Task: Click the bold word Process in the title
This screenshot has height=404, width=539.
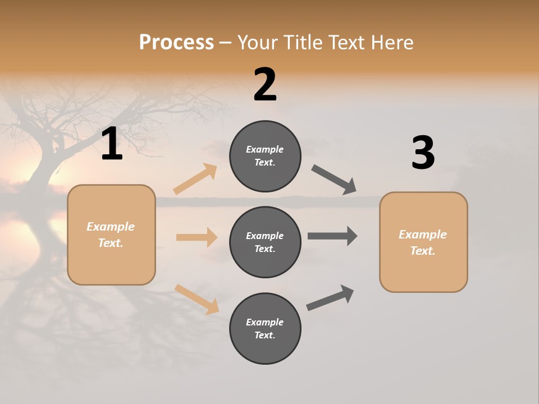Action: pyautogui.click(x=176, y=43)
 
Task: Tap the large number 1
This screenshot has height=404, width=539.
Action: pyautogui.click(x=112, y=144)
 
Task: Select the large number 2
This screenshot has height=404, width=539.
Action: pyautogui.click(x=265, y=85)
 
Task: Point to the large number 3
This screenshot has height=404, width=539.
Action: pyautogui.click(x=423, y=153)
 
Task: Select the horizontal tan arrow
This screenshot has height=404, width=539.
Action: pyautogui.click(x=197, y=237)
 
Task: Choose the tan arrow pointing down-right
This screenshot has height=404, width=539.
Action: pyautogui.click(x=197, y=299)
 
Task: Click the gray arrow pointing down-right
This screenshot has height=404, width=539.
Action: pyautogui.click(x=334, y=180)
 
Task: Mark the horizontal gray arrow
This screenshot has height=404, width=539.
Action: pyautogui.click(x=332, y=236)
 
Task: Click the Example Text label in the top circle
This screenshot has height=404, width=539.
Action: pyautogui.click(x=265, y=156)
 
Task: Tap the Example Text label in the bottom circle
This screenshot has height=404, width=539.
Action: pyautogui.click(x=265, y=329)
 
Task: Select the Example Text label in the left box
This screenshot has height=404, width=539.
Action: pyautogui.click(x=111, y=235)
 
